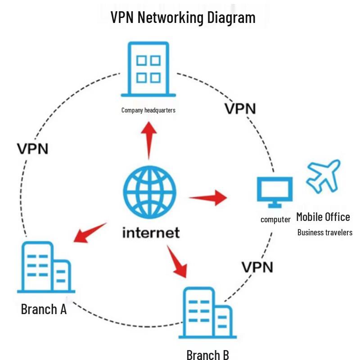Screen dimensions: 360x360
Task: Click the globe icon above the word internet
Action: pyautogui.click(x=150, y=192)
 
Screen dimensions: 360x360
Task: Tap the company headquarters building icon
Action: pyautogui.click(x=148, y=69)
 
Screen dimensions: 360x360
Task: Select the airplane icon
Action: pyautogui.click(x=324, y=176)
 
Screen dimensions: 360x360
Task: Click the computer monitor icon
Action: pyautogui.click(x=275, y=192)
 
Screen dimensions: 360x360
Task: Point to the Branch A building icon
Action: pyautogui.click(x=46, y=267)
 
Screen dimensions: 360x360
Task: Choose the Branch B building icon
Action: pyautogui.click(x=207, y=313)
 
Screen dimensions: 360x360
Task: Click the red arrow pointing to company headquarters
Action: pyautogui.click(x=149, y=140)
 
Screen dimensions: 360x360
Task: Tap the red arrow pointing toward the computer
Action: pyautogui.click(x=208, y=198)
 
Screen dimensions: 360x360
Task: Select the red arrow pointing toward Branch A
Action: pyautogui.click(x=90, y=233)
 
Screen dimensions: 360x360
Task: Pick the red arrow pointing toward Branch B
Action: pyautogui.click(x=177, y=261)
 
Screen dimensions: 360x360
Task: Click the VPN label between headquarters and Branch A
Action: pyautogui.click(x=32, y=149)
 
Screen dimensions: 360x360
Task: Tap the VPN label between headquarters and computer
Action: pyautogui.click(x=240, y=108)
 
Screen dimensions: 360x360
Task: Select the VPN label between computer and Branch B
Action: pyautogui.click(x=257, y=267)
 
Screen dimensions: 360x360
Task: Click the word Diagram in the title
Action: pyautogui.click(x=231, y=18)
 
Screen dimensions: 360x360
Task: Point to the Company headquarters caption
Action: pyautogui.click(x=148, y=110)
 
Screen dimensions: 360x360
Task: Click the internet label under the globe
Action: pyautogui.click(x=151, y=233)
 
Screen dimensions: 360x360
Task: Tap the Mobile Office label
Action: pyautogui.click(x=323, y=217)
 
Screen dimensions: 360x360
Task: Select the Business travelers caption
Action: pyautogui.click(x=325, y=232)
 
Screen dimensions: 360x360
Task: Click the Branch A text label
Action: pyautogui.click(x=44, y=309)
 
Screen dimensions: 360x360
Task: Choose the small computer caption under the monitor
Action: pyautogui.click(x=275, y=220)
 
